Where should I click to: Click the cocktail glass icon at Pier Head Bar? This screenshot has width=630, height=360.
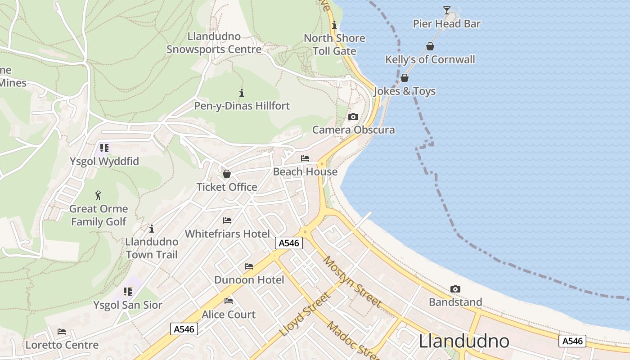click(446, 10)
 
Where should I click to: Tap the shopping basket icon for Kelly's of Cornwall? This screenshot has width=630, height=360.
click(430, 46)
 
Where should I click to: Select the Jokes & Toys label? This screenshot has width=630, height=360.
click(405, 91)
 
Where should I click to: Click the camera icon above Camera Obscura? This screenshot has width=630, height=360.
click(353, 117)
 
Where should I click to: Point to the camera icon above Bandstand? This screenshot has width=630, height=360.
click(455, 289)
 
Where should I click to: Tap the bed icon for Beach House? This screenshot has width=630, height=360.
click(305, 158)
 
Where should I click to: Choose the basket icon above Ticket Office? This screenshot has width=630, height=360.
click(227, 174)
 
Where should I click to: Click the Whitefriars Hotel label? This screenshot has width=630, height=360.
click(227, 234)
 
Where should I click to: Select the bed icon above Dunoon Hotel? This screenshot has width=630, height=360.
click(249, 266)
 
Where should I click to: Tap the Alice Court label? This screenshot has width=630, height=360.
click(229, 315)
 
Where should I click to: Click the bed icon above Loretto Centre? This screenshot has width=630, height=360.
click(62, 332)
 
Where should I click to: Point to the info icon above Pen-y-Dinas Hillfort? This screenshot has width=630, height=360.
click(242, 93)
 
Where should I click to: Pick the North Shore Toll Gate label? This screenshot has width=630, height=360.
click(334, 45)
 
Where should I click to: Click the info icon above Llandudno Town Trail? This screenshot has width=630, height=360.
click(152, 229)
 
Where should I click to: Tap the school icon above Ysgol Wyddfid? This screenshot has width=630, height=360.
click(104, 148)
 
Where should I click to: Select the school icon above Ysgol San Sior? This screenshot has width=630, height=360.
click(128, 292)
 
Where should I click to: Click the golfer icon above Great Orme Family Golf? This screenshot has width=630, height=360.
click(99, 195)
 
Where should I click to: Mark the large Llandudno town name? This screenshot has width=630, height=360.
click(464, 342)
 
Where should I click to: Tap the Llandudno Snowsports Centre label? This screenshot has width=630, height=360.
click(214, 43)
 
